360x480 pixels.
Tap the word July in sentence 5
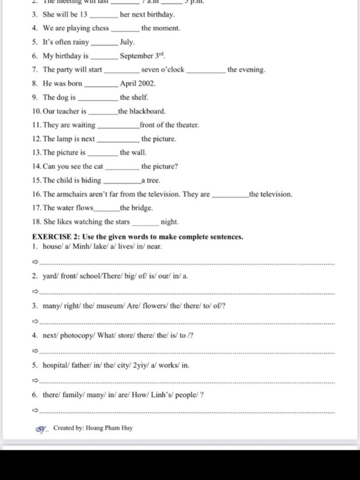click(x=127, y=42)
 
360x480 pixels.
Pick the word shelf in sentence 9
click(x=140, y=97)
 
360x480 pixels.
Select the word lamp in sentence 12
click(x=64, y=139)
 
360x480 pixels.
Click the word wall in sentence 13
click(x=139, y=153)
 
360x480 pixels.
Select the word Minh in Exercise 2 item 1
click(x=81, y=246)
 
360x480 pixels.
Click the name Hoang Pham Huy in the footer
click(x=109, y=428)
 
